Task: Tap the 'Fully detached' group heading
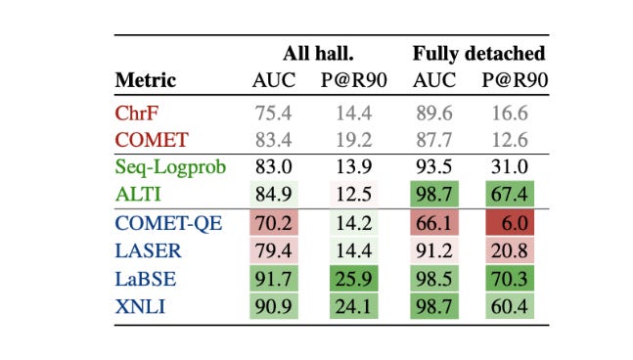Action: click(478, 54)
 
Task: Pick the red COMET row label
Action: click(150, 139)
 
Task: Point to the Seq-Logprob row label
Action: click(170, 167)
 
